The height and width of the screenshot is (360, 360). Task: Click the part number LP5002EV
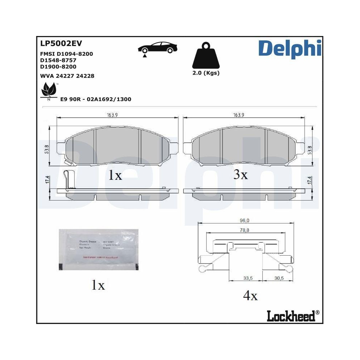coord(61,44)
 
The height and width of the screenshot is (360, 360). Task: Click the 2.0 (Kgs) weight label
coord(206,73)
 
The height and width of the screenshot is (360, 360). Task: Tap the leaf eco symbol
coord(49,90)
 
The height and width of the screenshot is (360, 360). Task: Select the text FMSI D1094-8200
coord(66,54)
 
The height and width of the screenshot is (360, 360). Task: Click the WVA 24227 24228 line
coord(67,76)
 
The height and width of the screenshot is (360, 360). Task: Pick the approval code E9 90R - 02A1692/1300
coord(95,99)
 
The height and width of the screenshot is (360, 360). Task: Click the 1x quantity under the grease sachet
coord(97,285)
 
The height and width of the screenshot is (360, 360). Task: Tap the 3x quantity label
coord(240,175)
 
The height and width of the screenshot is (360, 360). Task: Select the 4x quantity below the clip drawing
coord(250,296)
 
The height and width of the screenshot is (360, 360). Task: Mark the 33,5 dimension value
coord(246,278)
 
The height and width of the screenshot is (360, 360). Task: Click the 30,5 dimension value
coord(279,278)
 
